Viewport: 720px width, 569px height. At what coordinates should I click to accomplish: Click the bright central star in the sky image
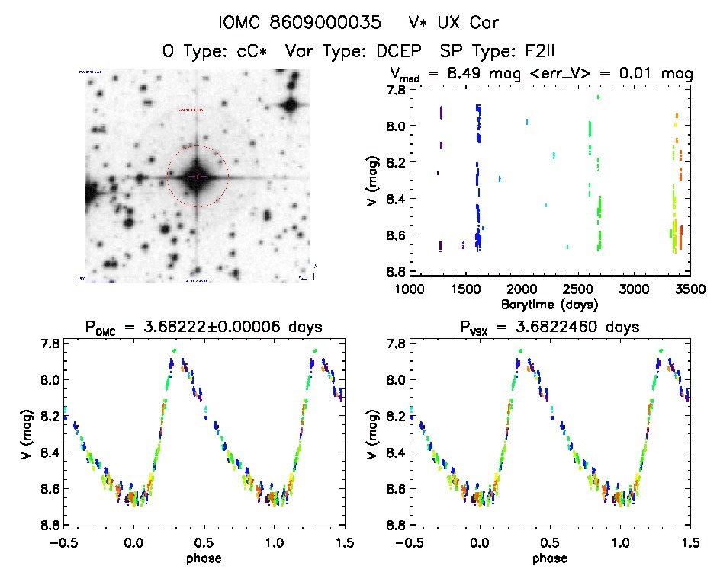click(197, 176)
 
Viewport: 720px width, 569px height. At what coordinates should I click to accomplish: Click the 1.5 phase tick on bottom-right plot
click(689, 543)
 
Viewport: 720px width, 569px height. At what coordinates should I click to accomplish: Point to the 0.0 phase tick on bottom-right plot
click(480, 543)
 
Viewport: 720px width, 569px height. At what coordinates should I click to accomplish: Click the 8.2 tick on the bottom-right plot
click(394, 416)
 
